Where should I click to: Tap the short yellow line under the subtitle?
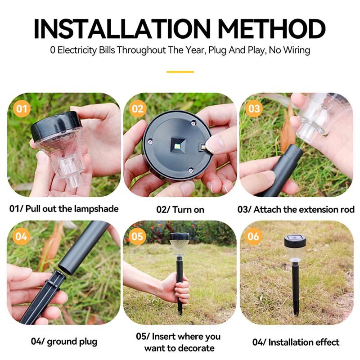[x=180, y=72]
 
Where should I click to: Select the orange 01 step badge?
[x=22, y=109]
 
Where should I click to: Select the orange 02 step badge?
[x=138, y=109]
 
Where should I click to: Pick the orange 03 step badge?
[x=254, y=109]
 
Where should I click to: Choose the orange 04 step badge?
[x=21, y=237]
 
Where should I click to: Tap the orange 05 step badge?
[x=138, y=237]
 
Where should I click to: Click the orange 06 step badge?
[x=254, y=237]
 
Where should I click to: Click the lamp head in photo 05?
[x=179, y=243]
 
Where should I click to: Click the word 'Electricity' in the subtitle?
[x=77, y=50]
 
